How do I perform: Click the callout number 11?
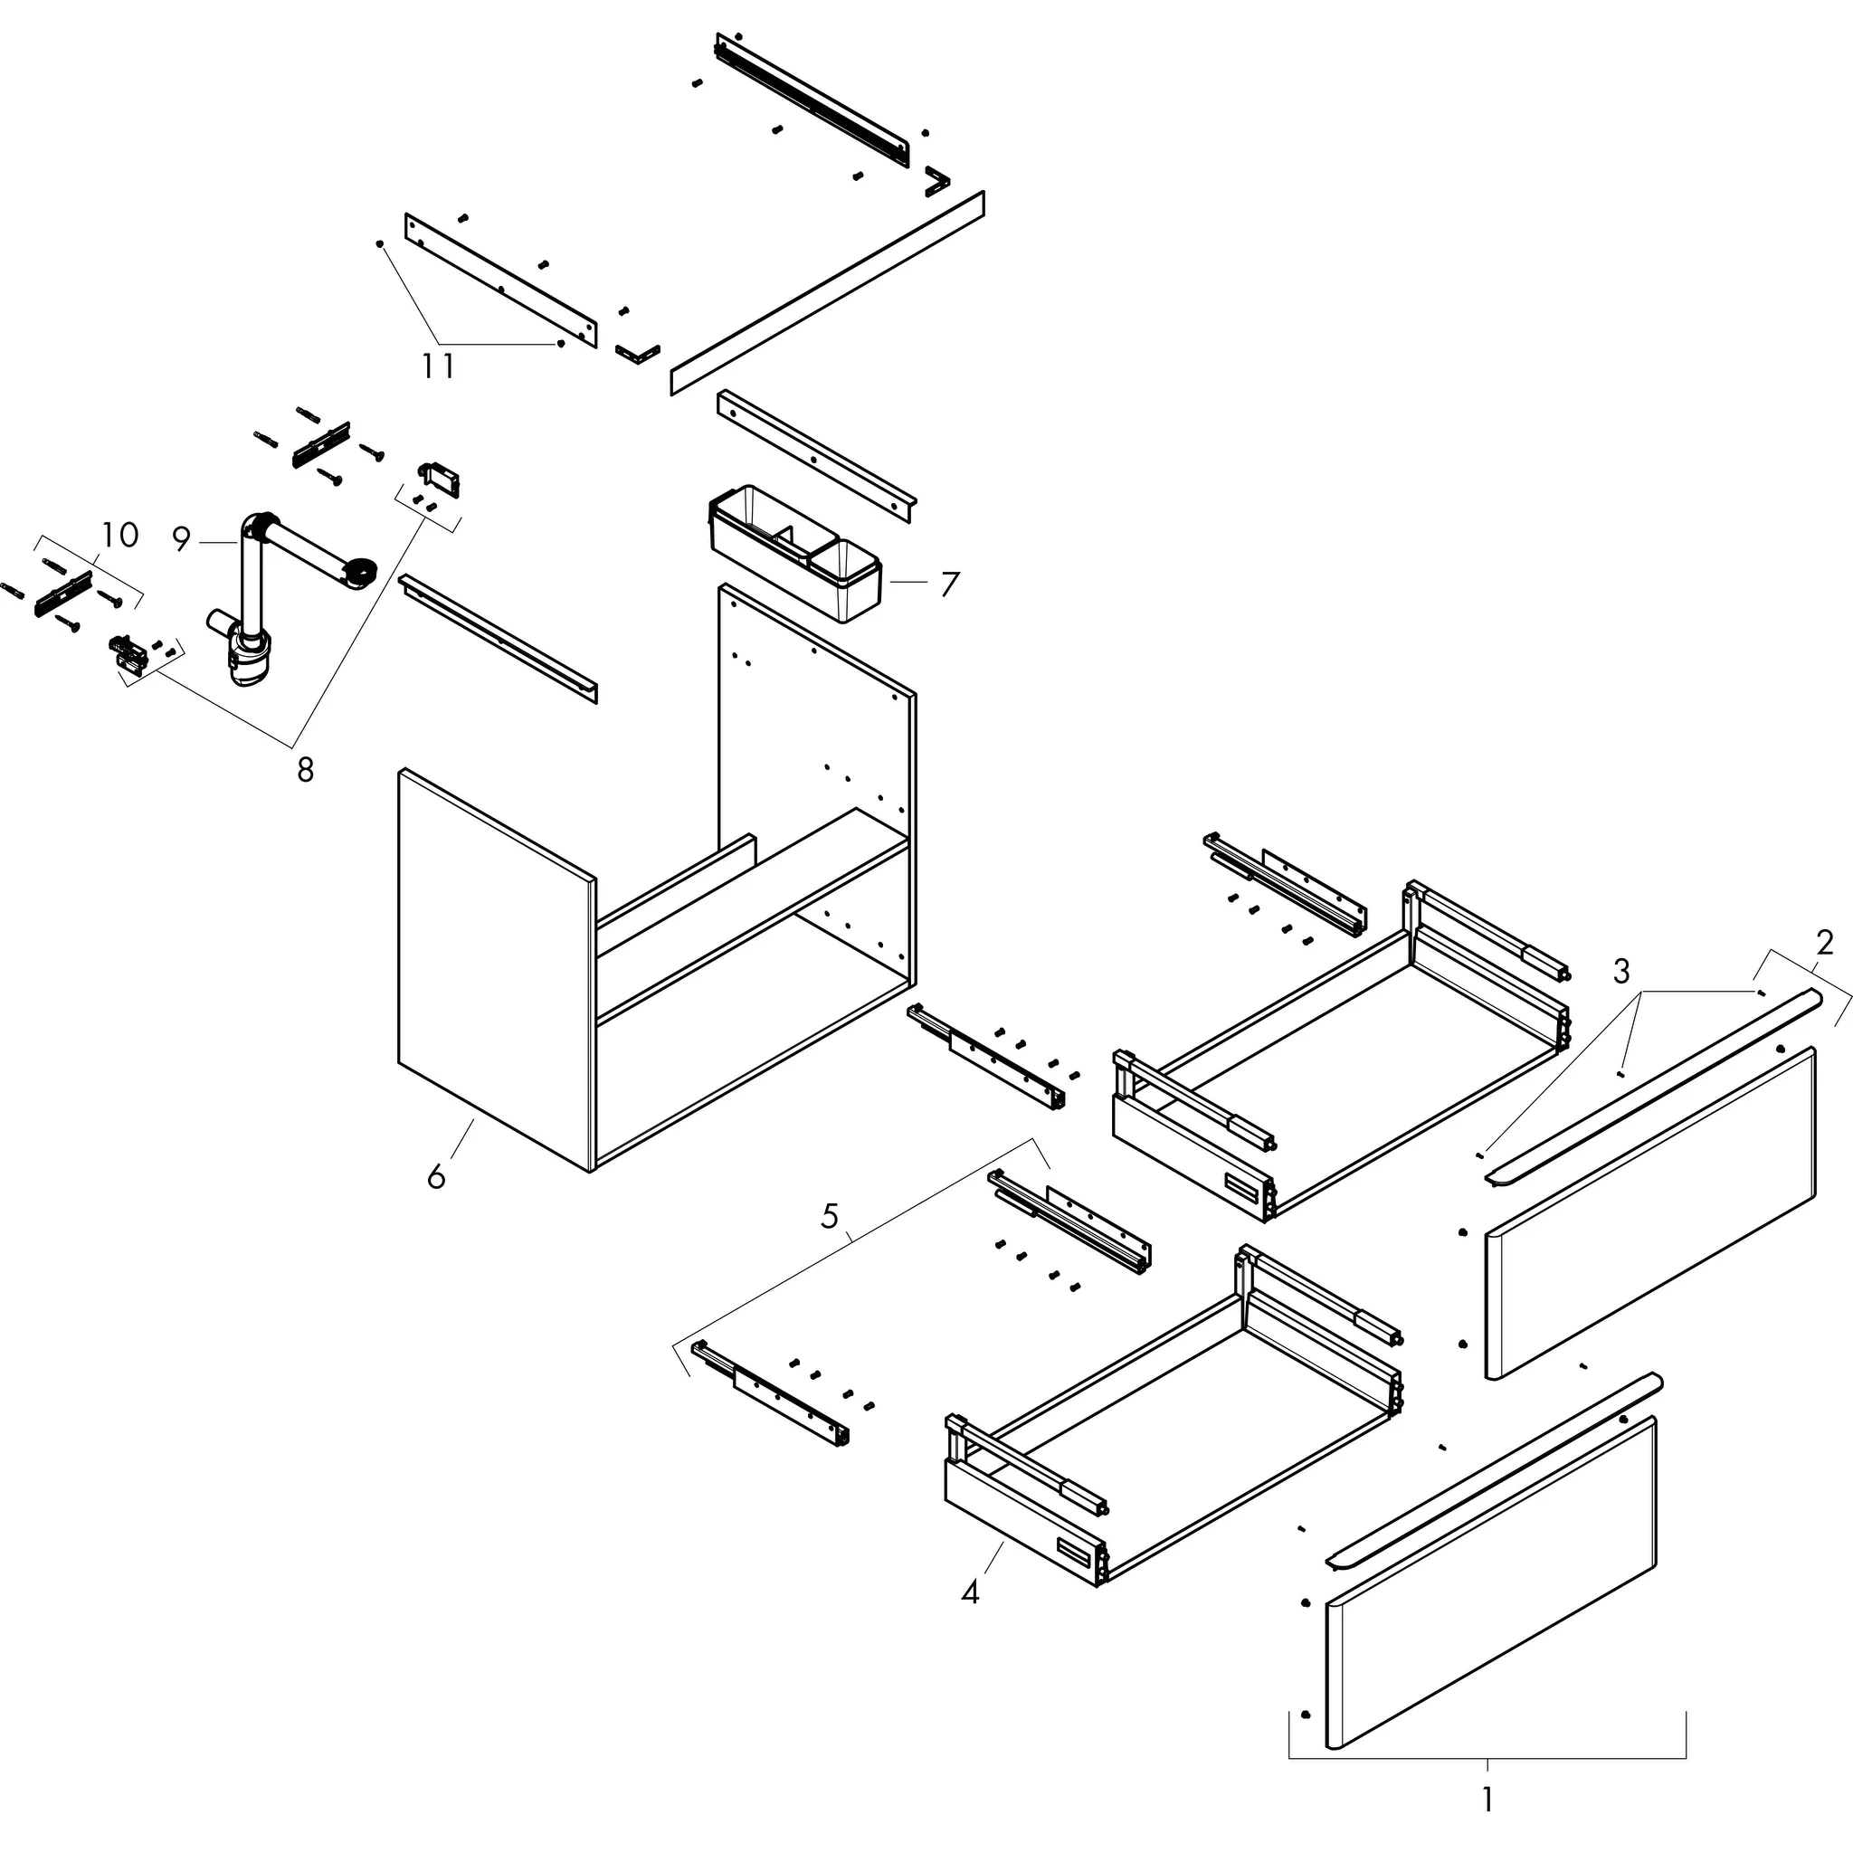coord(438,366)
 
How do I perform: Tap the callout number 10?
coord(121,534)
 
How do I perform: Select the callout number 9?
coord(182,539)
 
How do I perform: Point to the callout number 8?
coord(305,769)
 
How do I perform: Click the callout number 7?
coord(948,584)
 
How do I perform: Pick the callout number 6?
coord(436,1176)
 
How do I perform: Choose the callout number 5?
coord(830,1216)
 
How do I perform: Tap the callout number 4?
coord(970,1592)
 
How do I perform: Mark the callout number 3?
coord(1620,971)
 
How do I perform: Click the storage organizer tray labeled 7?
coord(796,556)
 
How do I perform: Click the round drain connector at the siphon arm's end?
coord(363,573)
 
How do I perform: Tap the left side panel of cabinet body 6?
coord(496,969)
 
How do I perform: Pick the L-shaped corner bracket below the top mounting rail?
coord(937,179)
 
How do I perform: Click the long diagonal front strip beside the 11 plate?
coord(827,292)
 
